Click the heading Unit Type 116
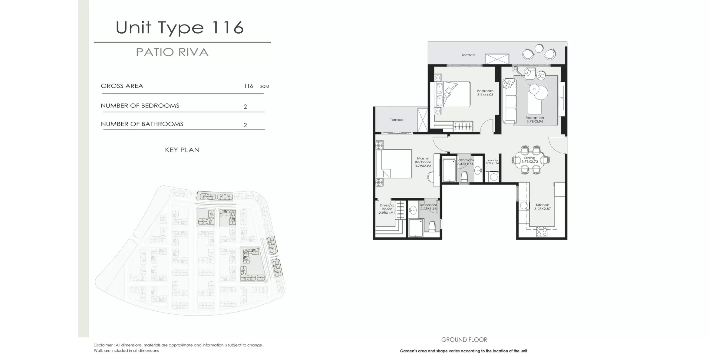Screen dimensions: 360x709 pos(180,28)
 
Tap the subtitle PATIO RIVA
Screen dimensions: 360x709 pos(172,52)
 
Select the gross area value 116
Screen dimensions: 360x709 pos(248,86)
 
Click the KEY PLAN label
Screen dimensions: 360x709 pos(182,150)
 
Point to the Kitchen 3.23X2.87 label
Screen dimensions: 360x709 pos(542,207)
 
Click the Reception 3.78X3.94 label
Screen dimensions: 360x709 pos(535,119)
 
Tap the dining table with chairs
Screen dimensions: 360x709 pos(530,160)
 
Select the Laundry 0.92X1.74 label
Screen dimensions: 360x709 pos(492,162)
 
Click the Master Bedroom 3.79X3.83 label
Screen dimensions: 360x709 pos(423,162)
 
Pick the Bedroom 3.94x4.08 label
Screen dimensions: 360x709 pos(485,93)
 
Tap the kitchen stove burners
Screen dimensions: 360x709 pos(541,232)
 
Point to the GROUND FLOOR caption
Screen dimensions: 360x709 pos(464,340)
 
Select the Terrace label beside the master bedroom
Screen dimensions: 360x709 pos(397,120)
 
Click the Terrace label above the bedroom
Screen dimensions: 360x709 pos(468,55)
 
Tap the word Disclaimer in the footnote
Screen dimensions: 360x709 pos(103,345)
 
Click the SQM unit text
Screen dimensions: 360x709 pos(264,87)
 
